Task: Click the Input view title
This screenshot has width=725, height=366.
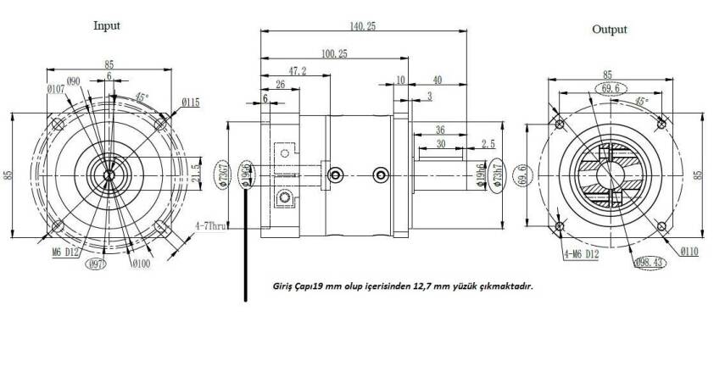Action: click(106, 25)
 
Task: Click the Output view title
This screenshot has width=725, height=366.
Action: click(609, 30)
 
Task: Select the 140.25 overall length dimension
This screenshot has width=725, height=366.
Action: click(361, 27)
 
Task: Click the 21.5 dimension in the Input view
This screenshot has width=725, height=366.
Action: click(196, 173)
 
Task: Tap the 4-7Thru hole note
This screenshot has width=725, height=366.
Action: click(210, 226)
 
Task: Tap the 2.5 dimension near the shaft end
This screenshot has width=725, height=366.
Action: click(488, 143)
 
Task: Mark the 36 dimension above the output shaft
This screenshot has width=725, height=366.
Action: click(440, 130)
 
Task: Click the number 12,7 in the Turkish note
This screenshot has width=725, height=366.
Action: click(432, 286)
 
